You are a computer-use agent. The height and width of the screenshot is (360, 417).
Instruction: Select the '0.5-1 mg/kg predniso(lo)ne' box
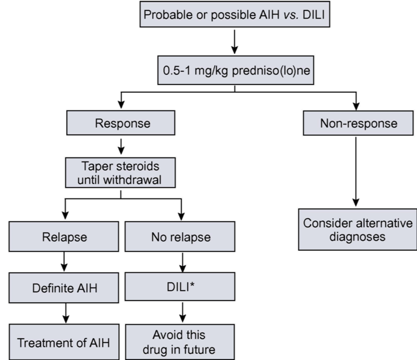[234, 73]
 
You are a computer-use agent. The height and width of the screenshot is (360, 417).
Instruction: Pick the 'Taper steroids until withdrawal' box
[121, 173]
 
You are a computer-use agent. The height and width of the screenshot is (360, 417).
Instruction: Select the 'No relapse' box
[181, 238]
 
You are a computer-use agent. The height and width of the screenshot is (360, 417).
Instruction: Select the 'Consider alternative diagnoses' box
[357, 230]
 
